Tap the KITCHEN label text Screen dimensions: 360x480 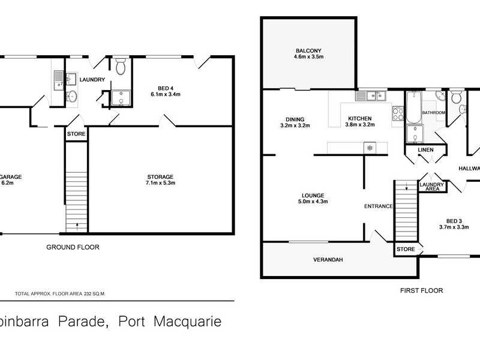pyautogui.click(x=359, y=118)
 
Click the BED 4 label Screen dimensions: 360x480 pyautogui.click(x=165, y=91)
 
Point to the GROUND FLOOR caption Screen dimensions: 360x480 pyautogui.click(x=73, y=247)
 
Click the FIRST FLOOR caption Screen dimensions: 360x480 pyautogui.click(x=421, y=290)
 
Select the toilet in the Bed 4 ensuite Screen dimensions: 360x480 pyautogui.click(x=120, y=66)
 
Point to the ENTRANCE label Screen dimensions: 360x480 pyautogui.click(x=378, y=206)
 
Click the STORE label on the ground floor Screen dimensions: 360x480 pyautogui.click(x=76, y=134)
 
